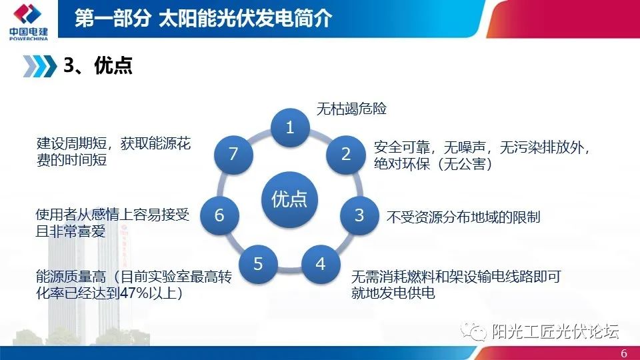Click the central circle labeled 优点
pos(289,199)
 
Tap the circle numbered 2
pos(345,154)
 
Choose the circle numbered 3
pos(359,215)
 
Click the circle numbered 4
pos(321,264)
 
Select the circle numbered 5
pos(259,264)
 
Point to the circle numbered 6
pos(219,215)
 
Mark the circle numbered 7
pos(233,154)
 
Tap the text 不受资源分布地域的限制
pos(463,217)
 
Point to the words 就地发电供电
pos(393,293)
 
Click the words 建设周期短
pos(74,144)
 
